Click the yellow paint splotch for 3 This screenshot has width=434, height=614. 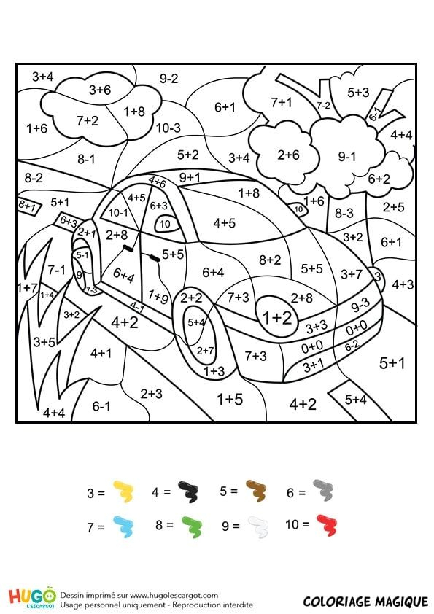124,493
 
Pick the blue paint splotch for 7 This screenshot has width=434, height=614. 124,525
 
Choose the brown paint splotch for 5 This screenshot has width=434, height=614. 256,492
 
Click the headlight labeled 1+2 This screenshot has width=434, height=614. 277,317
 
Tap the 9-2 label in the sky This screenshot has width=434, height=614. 169,78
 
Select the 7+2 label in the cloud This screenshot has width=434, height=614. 87,120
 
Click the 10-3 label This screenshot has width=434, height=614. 168,128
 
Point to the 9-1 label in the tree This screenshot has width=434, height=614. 347,156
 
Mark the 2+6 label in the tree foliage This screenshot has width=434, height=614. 288,155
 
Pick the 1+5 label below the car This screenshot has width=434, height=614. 230,398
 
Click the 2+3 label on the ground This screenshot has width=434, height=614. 151,393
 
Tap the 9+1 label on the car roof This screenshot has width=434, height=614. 190,176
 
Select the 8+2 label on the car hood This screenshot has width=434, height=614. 270,259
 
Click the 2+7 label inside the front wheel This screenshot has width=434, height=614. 206,350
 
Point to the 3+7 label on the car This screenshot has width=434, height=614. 351,273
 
